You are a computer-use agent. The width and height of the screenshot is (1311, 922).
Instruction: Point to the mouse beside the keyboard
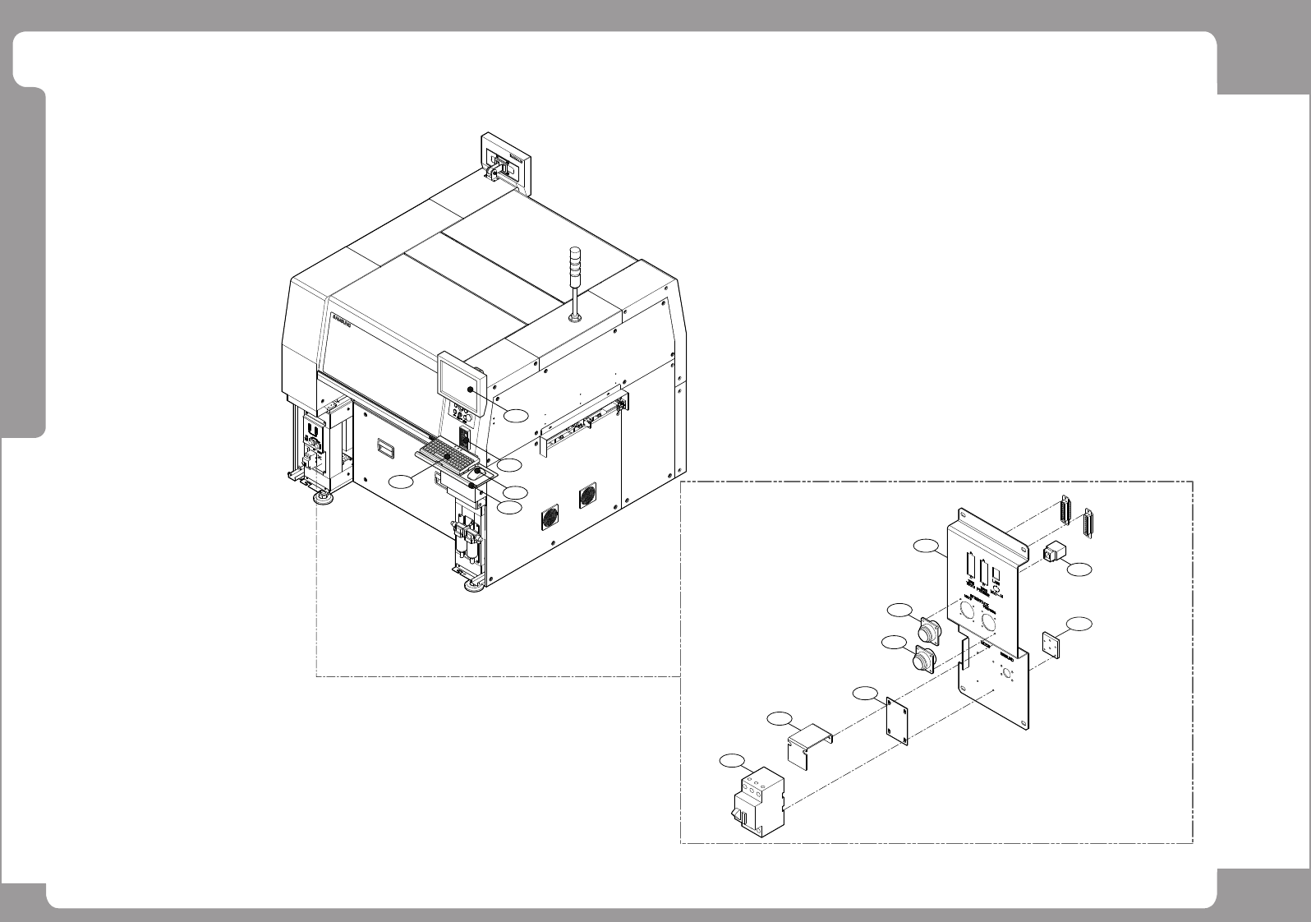click(476, 474)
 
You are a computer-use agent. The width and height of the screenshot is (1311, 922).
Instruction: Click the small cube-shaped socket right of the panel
click(1052, 552)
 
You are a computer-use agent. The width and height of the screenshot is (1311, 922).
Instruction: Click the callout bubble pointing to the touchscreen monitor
click(516, 415)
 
